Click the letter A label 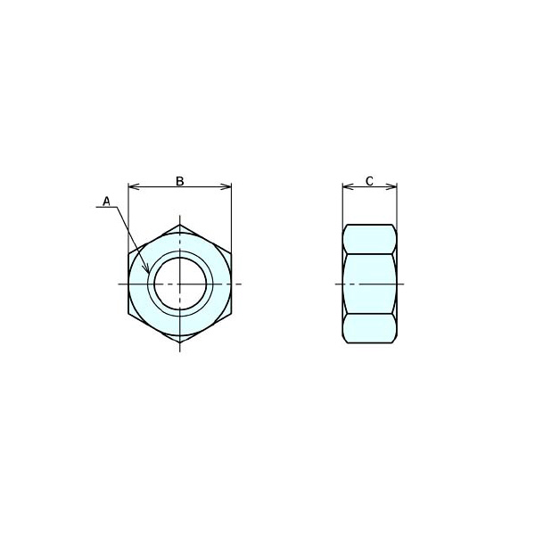click(107, 202)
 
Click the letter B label click(180, 181)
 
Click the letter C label click(369, 181)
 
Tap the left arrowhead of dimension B click(133, 186)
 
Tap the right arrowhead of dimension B click(226, 186)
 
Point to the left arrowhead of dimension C click(348, 186)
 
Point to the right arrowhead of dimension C click(391, 186)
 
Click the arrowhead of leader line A click(147, 269)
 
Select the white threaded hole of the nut click(180, 284)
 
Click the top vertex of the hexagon click(180, 225)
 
